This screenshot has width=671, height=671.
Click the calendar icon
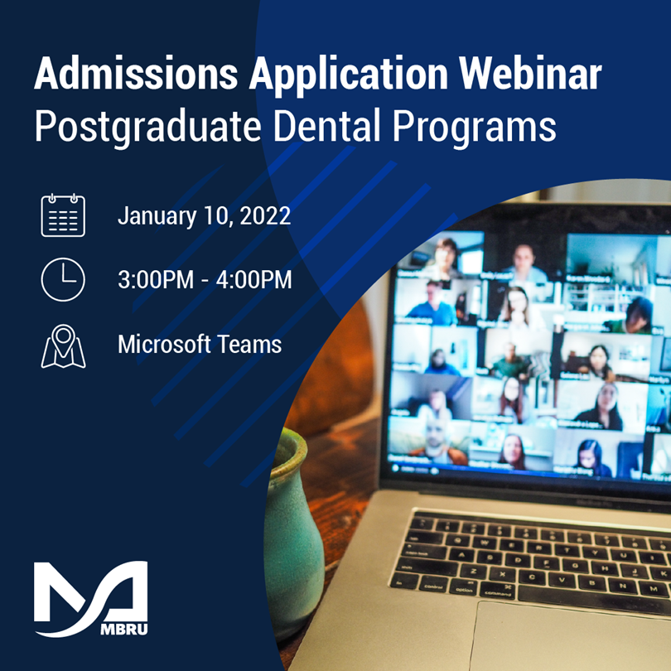coord(63,215)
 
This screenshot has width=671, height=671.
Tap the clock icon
coord(63,279)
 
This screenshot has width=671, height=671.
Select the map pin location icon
coord(63,345)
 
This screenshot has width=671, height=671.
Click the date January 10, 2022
coord(204,217)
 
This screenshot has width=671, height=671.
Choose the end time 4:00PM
coord(253,280)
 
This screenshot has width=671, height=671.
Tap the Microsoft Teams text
coord(200,344)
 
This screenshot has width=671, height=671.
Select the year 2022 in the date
coord(264,217)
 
